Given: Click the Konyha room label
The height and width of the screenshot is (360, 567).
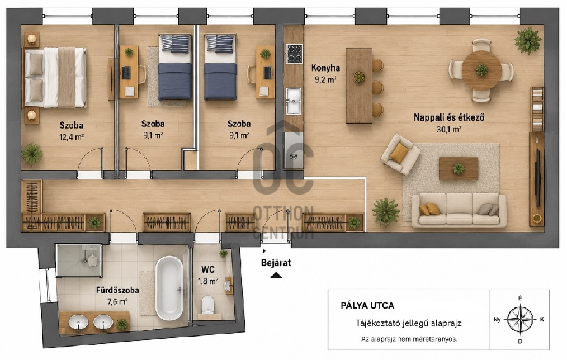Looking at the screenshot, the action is [x=325, y=68].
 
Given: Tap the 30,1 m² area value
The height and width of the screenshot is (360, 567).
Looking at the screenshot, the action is [x=449, y=129].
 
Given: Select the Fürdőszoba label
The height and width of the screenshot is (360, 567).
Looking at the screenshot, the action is [x=117, y=290].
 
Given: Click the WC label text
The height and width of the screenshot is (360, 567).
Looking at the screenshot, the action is [x=208, y=269].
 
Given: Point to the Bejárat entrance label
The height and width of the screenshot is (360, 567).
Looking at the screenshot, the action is [x=276, y=263].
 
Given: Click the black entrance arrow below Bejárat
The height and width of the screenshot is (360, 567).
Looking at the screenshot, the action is [x=276, y=276].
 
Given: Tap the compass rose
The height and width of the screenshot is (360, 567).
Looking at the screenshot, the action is [x=520, y=319].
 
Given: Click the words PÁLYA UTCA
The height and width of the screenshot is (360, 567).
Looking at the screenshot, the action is [x=367, y=305].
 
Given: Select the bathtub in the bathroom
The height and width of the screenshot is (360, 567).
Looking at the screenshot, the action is [x=169, y=288].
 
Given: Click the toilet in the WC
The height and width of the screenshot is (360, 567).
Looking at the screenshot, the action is [x=208, y=305].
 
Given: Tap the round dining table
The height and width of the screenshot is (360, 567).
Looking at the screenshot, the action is [x=481, y=70].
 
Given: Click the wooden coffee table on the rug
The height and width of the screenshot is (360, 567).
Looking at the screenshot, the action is [x=459, y=168].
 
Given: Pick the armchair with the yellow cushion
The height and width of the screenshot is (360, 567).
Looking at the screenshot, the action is [x=400, y=154].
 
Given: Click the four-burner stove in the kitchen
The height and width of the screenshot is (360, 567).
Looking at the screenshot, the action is [x=294, y=54].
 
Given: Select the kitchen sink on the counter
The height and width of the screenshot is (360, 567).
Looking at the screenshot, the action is [x=294, y=101].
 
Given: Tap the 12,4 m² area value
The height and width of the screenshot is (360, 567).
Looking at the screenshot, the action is [x=72, y=137].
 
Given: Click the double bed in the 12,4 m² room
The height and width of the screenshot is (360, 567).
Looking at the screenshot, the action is [x=55, y=77].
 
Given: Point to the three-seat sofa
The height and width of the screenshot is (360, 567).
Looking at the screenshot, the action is [x=459, y=210].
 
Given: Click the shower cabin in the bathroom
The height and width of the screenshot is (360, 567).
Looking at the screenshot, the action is [x=79, y=260].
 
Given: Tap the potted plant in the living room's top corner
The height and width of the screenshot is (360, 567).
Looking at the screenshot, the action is [x=528, y=40].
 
